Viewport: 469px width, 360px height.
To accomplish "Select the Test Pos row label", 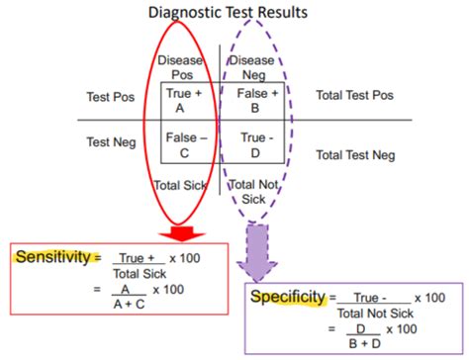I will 111,98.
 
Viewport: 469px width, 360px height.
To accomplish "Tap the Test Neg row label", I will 112,142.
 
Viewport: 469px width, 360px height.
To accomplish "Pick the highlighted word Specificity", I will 288,296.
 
